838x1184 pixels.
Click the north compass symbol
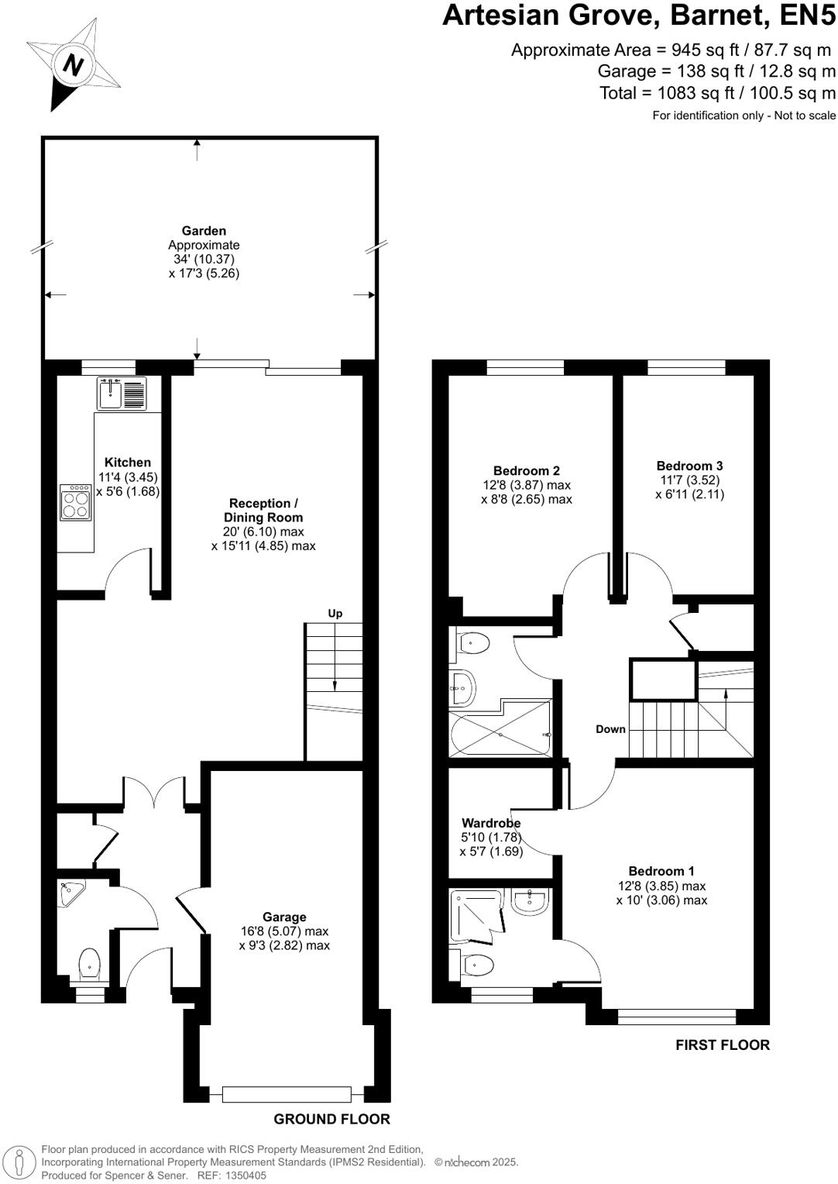pyautogui.click(x=72, y=65)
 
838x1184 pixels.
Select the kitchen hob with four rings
pyautogui.click(x=76, y=501)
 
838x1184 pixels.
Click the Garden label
pyautogui.click(x=204, y=231)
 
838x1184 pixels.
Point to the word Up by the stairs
pyautogui.click(x=335, y=613)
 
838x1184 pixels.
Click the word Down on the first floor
pyautogui.click(x=610, y=729)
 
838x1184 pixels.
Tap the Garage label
pyautogui.click(x=284, y=917)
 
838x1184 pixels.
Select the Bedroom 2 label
pyautogui.click(x=526, y=470)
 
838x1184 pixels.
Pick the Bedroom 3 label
pyautogui.click(x=689, y=466)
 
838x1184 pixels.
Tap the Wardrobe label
pyautogui.click(x=491, y=823)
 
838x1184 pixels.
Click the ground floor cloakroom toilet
pyautogui.click(x=90, y=964)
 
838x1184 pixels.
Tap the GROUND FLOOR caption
pyautogui.click(x=331, y=1119)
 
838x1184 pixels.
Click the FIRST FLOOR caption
pyautogui.click(x=722, y=1045)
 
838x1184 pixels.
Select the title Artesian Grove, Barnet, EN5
pyautogui.click(x=638, y=15)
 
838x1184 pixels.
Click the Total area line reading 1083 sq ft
pyautogui.click(x=717, y=93)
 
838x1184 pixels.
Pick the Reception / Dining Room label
pyautogui.click(x=263, y=510)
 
